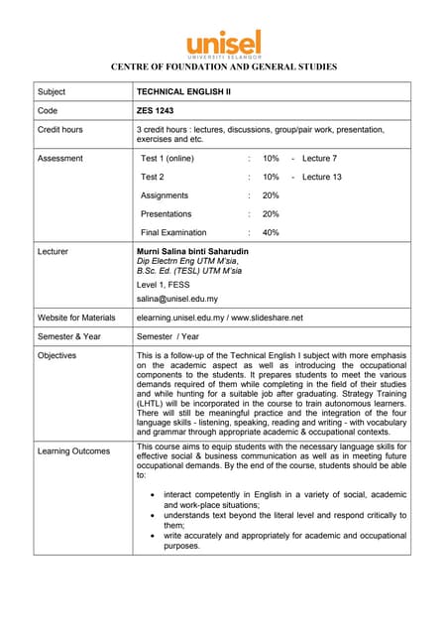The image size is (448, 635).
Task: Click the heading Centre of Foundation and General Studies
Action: [x=224, y=67]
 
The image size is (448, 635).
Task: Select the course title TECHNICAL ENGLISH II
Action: [x=182, y=91]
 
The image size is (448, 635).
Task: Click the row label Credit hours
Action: [x=60, y=130]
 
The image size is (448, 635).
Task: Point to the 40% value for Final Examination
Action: [x=271, y=232]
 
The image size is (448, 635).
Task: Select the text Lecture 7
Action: [x=319, y=159]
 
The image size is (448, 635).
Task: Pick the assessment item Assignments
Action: [x=165, y=195]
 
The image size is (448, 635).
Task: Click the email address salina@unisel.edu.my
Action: [x=177, y=298]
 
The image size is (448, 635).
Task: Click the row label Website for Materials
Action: [x=76, y=317]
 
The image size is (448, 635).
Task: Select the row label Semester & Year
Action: [x=69, y=336]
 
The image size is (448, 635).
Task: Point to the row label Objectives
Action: [x=58, y=355]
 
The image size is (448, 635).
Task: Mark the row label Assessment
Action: [x=60, y=159]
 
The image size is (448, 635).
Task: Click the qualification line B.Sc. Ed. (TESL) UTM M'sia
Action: [x=189, y=270]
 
